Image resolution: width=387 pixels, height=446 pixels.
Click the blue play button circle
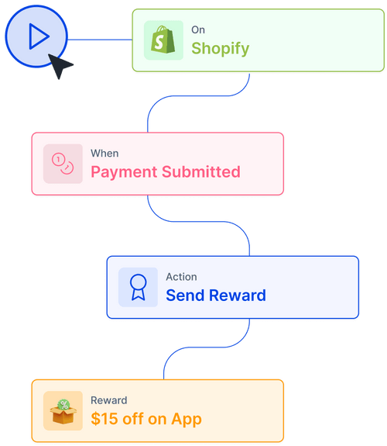(x=36, y=36)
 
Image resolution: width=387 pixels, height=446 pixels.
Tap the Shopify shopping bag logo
(x=163, y=40)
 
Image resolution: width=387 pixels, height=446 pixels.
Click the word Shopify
(x=221, y=48)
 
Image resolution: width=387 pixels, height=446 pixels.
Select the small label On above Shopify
(x=198, y=30)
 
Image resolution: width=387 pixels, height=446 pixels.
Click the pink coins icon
(x=63, y=164)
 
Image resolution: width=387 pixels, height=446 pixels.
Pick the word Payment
(x=124, y=172)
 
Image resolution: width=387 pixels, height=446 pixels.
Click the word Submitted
(x=201, y=171)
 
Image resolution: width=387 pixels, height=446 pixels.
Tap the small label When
(x=104, y=154)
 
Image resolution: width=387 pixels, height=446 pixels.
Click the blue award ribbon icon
(x=138, y=287)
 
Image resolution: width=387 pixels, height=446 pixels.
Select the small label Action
(x=181, y=277)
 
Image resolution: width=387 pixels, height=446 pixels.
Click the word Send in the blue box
(x=185, y=296)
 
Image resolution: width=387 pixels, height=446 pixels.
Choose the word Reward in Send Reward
(x=238, y=296)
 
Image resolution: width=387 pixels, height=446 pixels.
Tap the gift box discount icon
(x=63, y=411)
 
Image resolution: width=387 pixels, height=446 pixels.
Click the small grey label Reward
(x=108, y=400)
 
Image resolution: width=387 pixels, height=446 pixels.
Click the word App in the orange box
(x=187, y=420)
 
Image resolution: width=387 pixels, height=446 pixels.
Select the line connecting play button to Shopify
(x=100, y=40)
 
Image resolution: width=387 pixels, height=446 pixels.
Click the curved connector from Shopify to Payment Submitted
(x=199, y=96)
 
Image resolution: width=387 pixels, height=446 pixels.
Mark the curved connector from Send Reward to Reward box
(x=207, y=347)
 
